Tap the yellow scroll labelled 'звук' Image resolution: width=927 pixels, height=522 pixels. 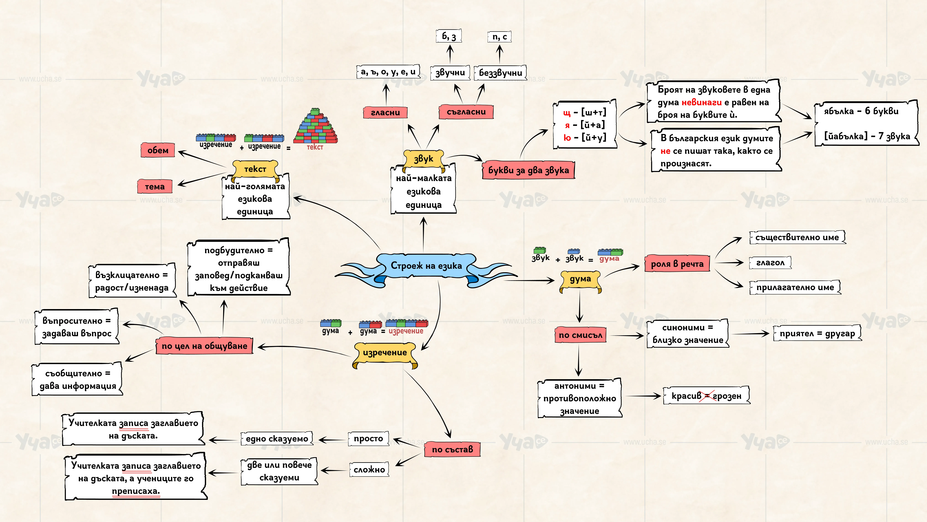click(424, 159)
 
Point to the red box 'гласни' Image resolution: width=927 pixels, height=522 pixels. click(385, 112)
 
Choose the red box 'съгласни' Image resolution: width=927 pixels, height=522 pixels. click(466, 112)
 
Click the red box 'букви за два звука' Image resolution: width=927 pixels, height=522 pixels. click(528, 170)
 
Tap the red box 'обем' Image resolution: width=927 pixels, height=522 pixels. click(158, 150)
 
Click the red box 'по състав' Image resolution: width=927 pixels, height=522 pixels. click(452, 449)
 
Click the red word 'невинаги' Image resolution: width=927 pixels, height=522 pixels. click(701, 102)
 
